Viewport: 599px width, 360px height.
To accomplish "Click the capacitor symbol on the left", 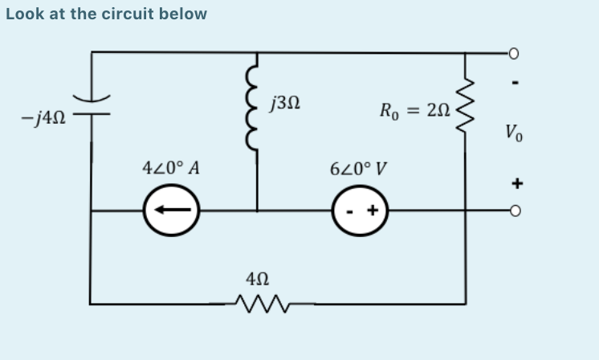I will pyautogui.click(x=92, y=107).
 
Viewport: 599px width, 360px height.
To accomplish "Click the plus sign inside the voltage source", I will pyautogui.click(x=372, y=212).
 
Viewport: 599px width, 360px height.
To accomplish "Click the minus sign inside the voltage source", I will pyautogui.click(x=349, y=213).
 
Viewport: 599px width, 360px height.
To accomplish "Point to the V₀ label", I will pyautogui.click(x=515, y=132).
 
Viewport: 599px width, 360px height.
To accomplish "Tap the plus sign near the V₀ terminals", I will pyautogui.click(x=517, y=182).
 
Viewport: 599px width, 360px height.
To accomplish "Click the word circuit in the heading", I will pyautogui.click(x=128, y=14).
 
